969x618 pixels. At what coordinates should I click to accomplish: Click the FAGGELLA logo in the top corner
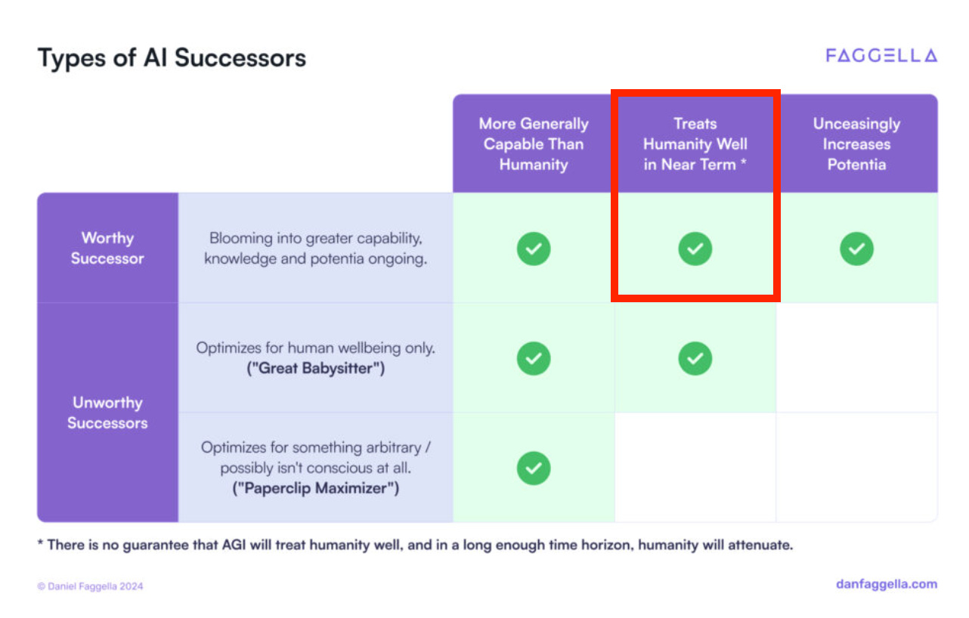(881, 56)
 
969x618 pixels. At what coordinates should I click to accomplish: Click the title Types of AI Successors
(172, 58)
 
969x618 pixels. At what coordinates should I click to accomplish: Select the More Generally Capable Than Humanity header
(534, 144)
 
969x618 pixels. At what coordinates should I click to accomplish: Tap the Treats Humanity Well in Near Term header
(695, 144)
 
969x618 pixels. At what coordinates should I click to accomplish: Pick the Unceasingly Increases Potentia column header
(856, 144)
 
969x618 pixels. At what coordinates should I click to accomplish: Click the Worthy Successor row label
(107, 248)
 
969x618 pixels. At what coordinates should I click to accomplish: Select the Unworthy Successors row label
(107, 413)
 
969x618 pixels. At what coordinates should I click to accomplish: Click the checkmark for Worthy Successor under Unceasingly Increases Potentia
(856, 249)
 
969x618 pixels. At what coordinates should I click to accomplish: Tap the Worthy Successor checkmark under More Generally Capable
(534, 249)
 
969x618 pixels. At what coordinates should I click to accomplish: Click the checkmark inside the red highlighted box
(695, 249)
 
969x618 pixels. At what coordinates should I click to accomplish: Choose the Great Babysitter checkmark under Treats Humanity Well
(695, 358)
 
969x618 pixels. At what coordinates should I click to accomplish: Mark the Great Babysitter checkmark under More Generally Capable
(534, 358)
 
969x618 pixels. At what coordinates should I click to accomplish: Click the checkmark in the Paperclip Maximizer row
(534, 468)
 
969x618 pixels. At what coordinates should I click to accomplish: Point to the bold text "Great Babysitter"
(315, 369)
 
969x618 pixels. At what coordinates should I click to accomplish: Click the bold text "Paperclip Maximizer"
(315, 488)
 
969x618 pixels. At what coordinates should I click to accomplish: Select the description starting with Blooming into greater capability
(315, 248)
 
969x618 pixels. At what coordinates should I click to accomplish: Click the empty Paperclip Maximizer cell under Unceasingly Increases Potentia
(856, 468)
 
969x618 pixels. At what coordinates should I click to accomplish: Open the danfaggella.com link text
(887, 584)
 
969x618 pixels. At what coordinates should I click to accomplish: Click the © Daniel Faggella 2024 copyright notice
(90, 586)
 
